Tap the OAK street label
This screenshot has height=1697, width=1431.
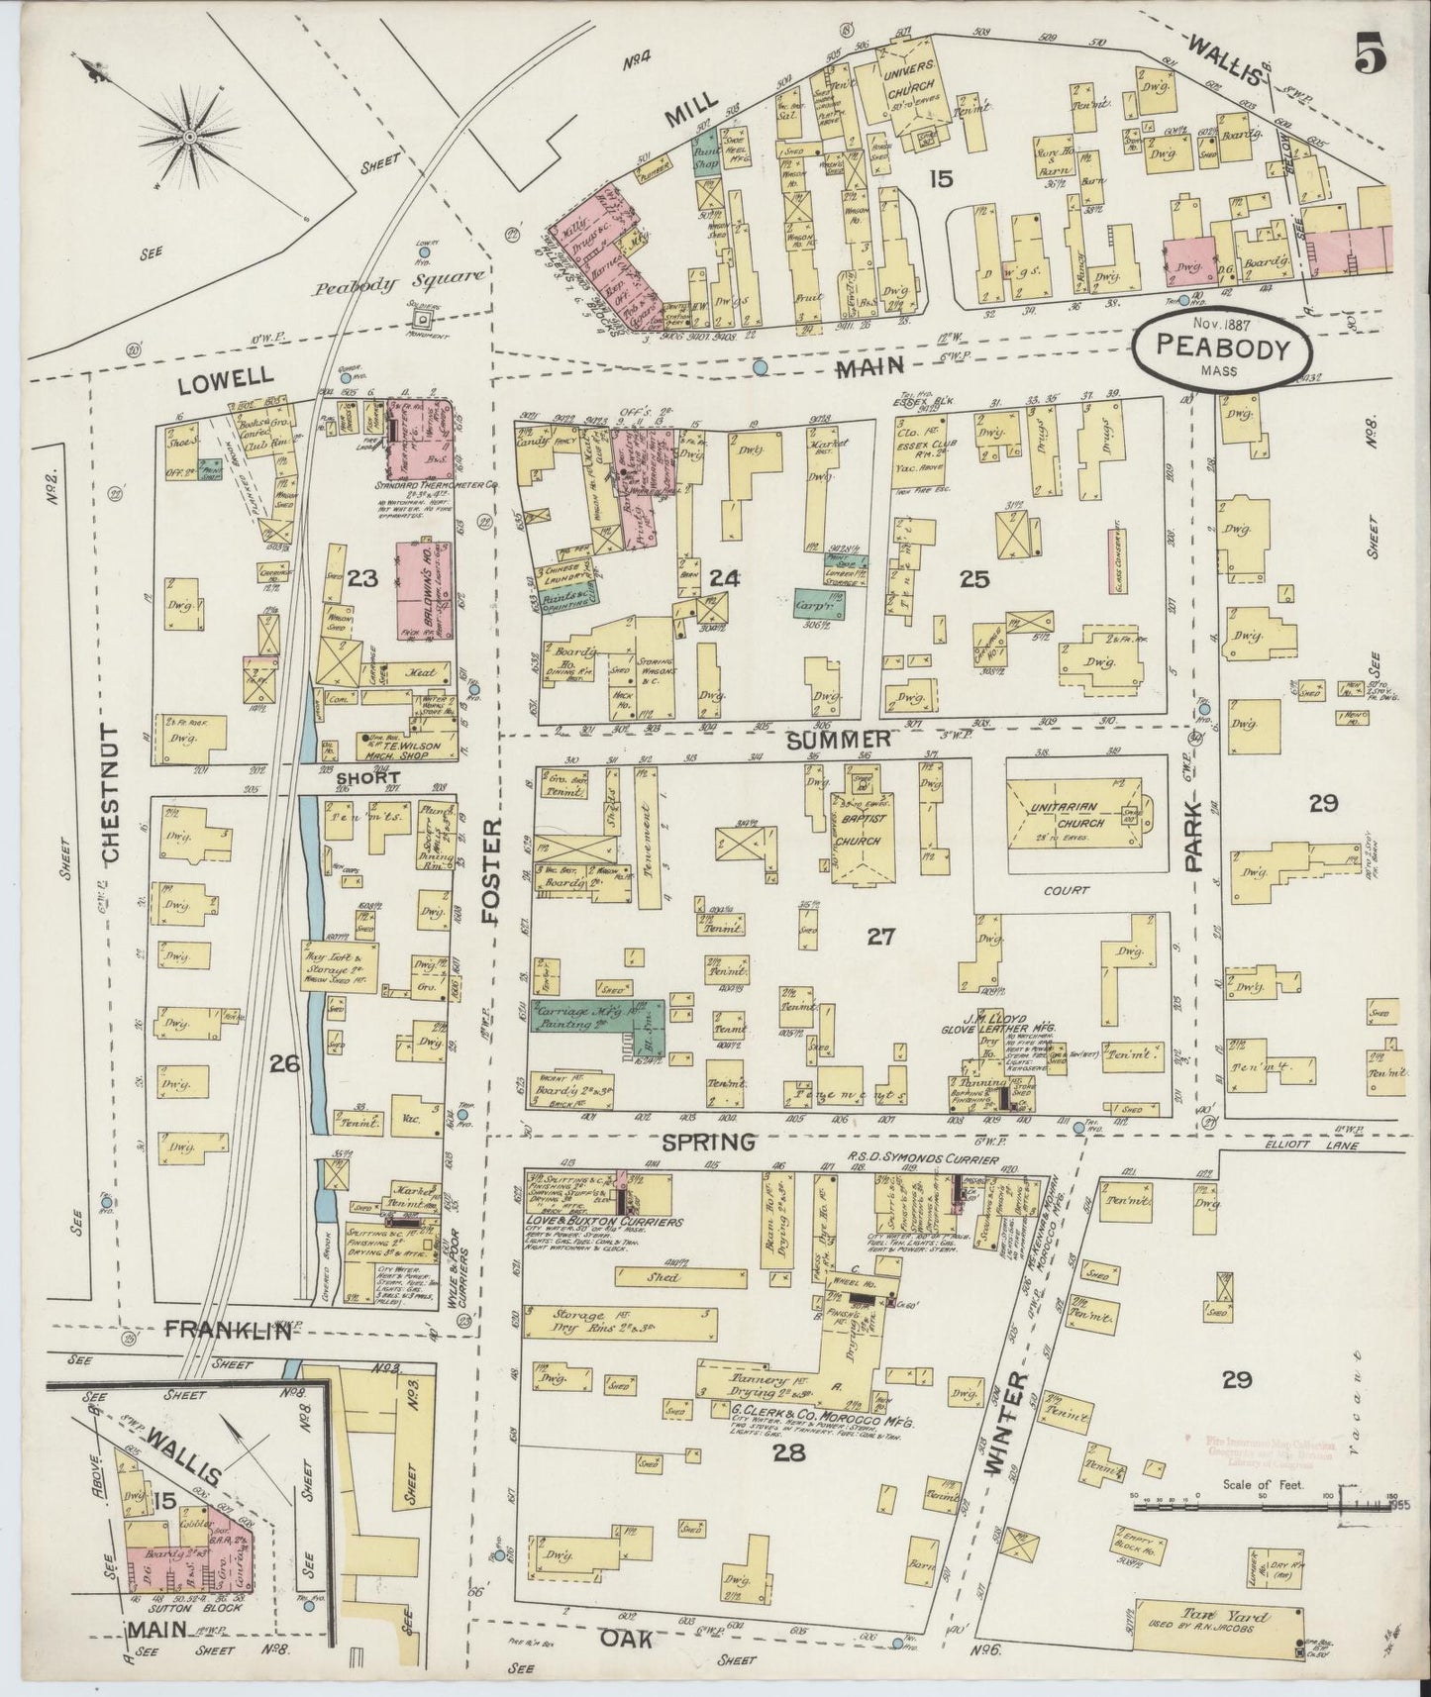(624, 1640)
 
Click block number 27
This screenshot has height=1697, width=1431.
(880, 936)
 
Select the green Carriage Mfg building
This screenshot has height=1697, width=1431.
(599, 1023)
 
